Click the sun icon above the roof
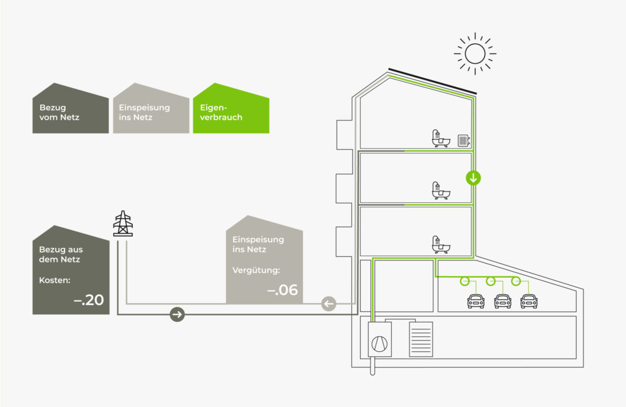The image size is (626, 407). pyautogui.click(x=475, y=53)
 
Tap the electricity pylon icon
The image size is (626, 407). pyautogui.click(x=123, y=224)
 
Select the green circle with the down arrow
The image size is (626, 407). pyautogui.click(x=473, y=178)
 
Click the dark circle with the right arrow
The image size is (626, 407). pyautogui.click(x=177, y=314)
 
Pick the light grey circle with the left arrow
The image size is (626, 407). pyautogui.click(x=329, y=304)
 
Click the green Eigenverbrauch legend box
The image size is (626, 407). pyautogui.click(x=231, y=108)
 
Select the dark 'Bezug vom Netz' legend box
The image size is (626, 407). pyautogui.click(x=71, y=108)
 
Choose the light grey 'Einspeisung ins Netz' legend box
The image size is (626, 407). pyautogui.click(x=151, y=108)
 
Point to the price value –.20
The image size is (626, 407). pyautogui.click(x=89, y=299)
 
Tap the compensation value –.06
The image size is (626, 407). pyautogui.click(x=282, y=289)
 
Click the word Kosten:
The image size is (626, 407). pyautogui.click(x=54, y=281)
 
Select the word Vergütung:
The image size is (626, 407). pyautogui.click(x=256, y=270)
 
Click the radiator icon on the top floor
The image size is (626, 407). pyautogui.click(x=463, y=141)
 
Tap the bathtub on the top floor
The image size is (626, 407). pyautogui.click(x=441, y=138)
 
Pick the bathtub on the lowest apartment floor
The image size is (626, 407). pyautogui.click(x=441, y=244)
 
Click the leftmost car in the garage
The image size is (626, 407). pyautogui.click(x=476, y=301)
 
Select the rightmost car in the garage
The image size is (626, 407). pyautogui.click(x=529, y=301)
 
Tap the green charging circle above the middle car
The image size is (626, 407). pyautogui.click(x=491, y=281)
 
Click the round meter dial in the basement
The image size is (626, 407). pyautogui.click(x=379, y=344)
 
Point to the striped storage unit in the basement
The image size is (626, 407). pyautogui.click(x=421, y=339)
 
